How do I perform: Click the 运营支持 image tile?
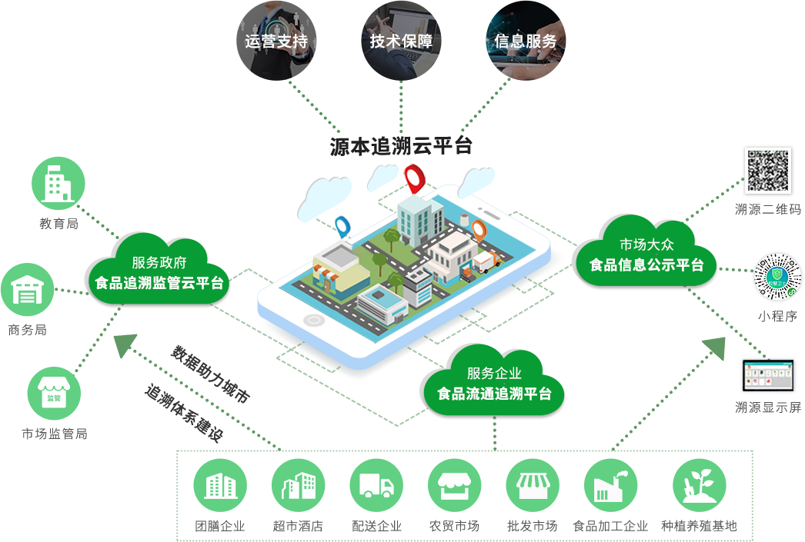coord(276,40)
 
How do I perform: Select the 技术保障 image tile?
coord(401,40)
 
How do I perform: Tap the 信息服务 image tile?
coord(526,40)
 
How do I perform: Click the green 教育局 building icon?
coord(58,183)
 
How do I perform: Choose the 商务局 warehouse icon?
coord(28,290)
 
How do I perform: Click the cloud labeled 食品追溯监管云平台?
coord(159,271)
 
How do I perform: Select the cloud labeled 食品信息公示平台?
coord(646,254)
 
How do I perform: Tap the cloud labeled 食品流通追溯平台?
coord(494,383)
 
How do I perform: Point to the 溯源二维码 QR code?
coord(767,170)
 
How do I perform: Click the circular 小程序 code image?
coord(777,276)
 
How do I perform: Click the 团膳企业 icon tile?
coord(220,485)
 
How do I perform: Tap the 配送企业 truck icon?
coord(376,485)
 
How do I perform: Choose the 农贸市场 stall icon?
coord(454,485)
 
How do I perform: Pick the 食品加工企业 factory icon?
coord(610,485)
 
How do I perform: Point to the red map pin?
coord(414,178)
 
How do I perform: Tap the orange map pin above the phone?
coord(479,230)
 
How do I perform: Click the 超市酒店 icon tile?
coord(298,485)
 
